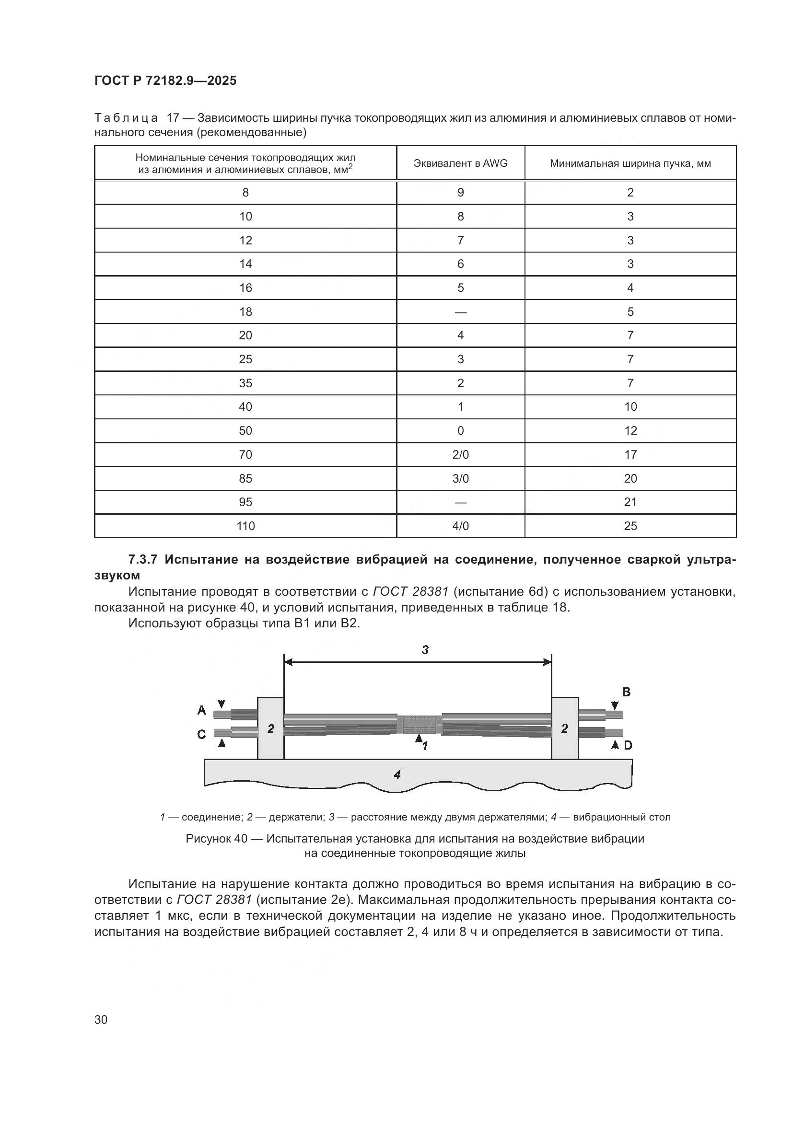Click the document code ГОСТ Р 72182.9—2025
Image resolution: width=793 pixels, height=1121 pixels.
(165, 81)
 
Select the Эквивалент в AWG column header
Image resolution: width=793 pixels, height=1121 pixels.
(460, 163)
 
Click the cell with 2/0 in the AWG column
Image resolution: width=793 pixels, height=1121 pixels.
(460, 454)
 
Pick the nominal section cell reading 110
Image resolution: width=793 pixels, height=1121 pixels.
(245, 526)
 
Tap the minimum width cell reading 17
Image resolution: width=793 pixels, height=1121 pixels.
(630, 454)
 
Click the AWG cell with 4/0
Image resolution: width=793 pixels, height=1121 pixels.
(460, 526)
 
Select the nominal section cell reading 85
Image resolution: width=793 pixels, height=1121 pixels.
(245, 478)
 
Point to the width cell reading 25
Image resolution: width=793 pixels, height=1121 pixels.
(630, 526)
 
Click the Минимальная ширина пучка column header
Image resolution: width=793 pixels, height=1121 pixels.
(630, 163)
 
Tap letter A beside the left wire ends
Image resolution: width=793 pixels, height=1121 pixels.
(201, 710)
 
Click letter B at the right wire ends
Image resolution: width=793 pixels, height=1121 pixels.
(626, 692)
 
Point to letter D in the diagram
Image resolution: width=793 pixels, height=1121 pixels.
(628, 745)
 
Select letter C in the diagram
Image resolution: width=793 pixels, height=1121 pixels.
(201, 734)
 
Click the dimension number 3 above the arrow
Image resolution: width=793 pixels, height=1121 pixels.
(425, 649)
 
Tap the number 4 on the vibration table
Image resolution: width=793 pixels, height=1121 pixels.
(397, 774)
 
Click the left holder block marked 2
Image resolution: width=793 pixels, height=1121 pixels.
(270, 728)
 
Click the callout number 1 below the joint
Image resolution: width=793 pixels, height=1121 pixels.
(425, 746)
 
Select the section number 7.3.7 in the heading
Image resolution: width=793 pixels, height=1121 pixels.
(142, 559)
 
